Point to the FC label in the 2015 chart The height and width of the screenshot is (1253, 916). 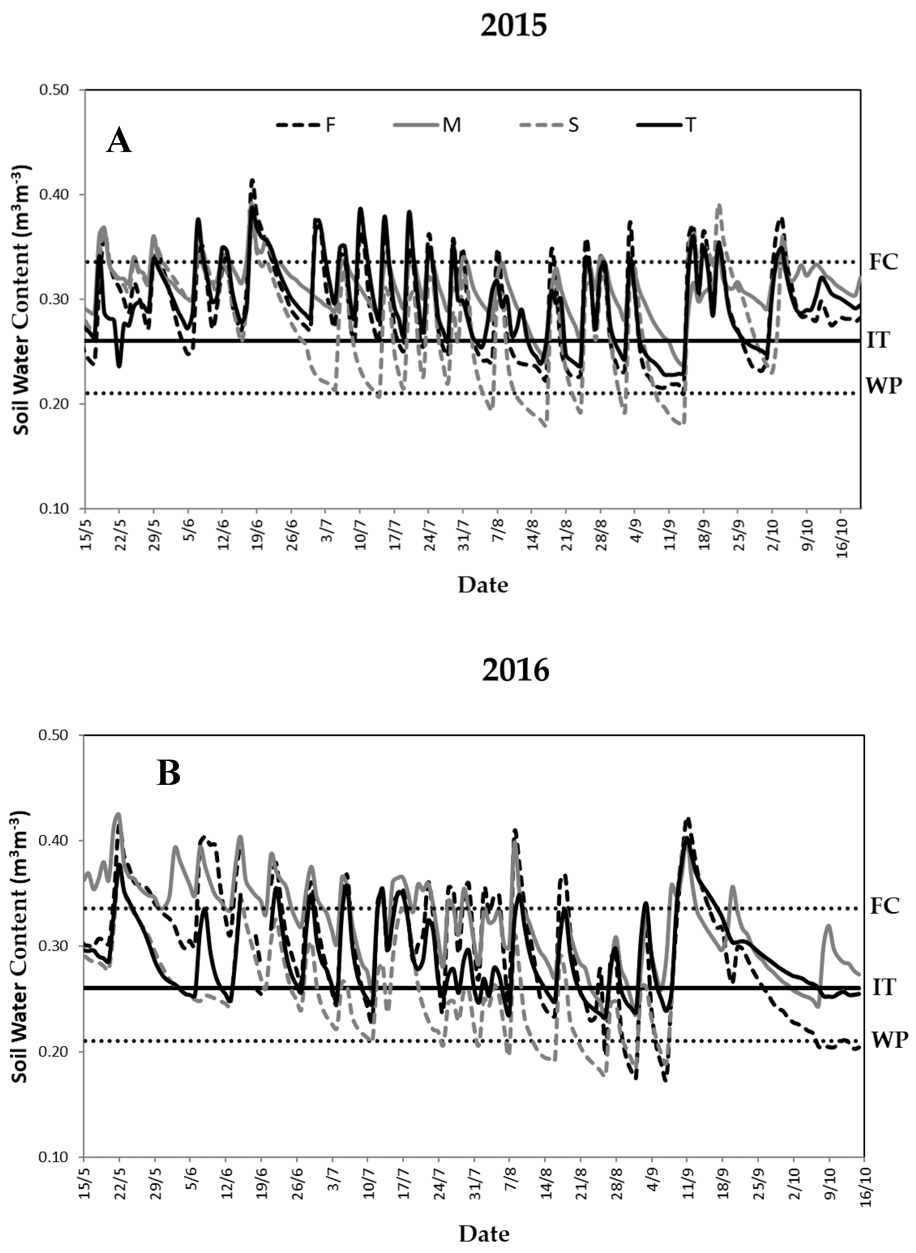883,262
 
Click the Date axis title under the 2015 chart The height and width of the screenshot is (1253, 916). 482,585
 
